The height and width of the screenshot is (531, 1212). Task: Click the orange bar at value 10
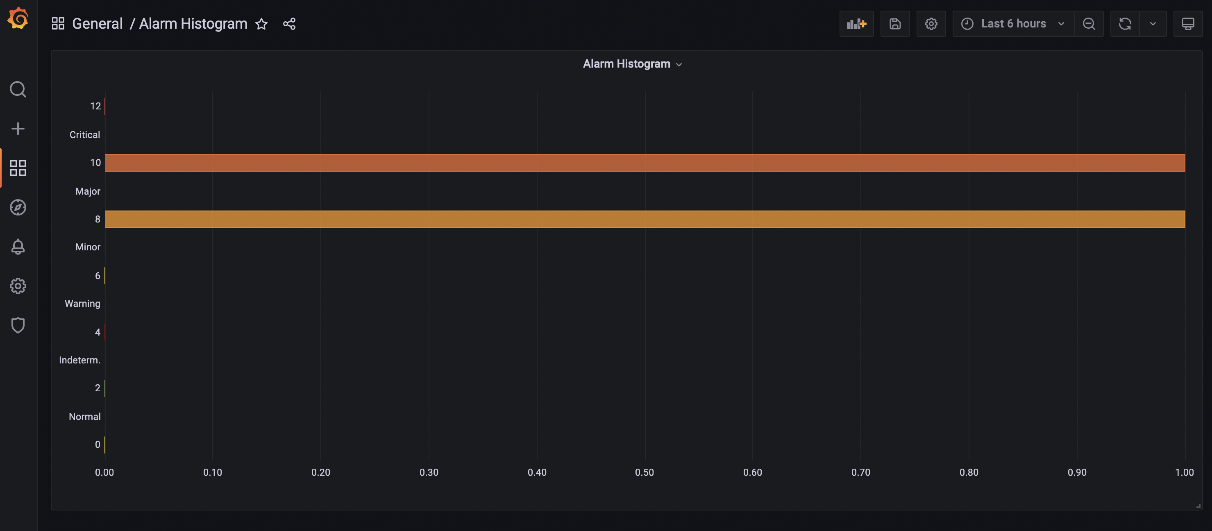[x=645, y=163]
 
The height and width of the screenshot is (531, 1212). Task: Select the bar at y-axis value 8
[x=645, y=219]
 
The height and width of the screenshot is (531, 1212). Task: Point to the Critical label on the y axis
[x=85, y=134]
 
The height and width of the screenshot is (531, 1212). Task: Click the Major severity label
[x=88, y=191]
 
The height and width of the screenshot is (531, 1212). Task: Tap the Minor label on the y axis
[x=88, y=247]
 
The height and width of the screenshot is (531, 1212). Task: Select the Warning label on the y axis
[x=82, y=303]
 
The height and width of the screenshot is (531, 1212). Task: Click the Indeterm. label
[x=79, y=360]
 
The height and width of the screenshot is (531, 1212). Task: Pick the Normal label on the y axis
[x=85, y=416]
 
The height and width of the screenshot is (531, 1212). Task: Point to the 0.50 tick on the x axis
[x=644, y=472]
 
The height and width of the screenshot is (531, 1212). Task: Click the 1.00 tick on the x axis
[x=1184, y=472]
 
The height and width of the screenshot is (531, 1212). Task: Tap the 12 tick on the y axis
[x=95, y=106]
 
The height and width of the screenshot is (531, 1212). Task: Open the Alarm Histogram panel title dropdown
[x=632, y=64]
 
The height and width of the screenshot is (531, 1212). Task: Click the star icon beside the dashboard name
[x=261, y=23]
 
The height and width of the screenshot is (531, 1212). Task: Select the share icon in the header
[x=289, y=23]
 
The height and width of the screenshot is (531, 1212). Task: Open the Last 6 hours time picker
[x=1013, y=23]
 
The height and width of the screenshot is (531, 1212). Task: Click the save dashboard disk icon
[x=895, y=23]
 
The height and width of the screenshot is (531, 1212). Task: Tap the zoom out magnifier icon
[x=1089, y=23]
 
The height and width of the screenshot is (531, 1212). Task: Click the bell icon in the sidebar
[x=18, y=247]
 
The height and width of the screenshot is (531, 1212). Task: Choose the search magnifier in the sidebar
[x=18, y=89]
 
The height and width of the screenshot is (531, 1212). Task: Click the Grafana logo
[x=18, y=19]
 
